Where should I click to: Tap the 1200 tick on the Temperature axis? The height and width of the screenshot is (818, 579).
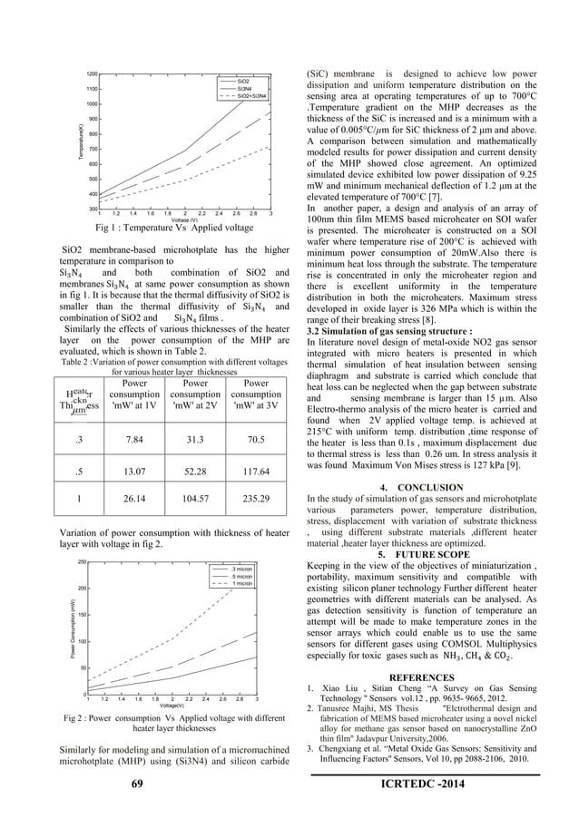click(92, 73)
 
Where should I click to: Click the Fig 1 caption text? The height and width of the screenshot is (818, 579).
click(174, 228)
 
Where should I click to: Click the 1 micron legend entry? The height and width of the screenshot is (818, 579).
click(241, 584)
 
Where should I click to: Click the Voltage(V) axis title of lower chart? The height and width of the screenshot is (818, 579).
click(172, 705)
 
